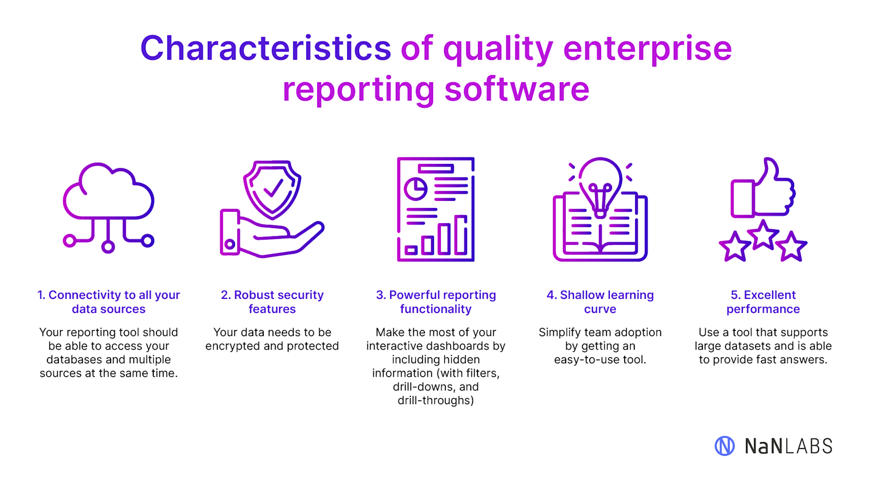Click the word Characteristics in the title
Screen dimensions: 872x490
click(x=265, y=48)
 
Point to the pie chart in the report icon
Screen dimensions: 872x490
click(x=415, y=189)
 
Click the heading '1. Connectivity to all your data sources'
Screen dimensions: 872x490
click(x=108, y=302)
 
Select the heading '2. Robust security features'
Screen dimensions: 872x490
click(x=272, y=302)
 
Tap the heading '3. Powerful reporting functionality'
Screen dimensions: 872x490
click(x=435, y=302)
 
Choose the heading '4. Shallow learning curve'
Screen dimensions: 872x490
click(x=600, y=302)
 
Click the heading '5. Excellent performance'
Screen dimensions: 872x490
click(x=763, y=302)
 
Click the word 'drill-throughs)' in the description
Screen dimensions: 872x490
click(x=435, y=401)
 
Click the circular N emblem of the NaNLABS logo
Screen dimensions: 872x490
click(x=724, y=446)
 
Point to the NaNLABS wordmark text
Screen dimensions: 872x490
click(x=789, y=446)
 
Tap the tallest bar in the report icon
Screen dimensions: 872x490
click(x=461, y=235)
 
